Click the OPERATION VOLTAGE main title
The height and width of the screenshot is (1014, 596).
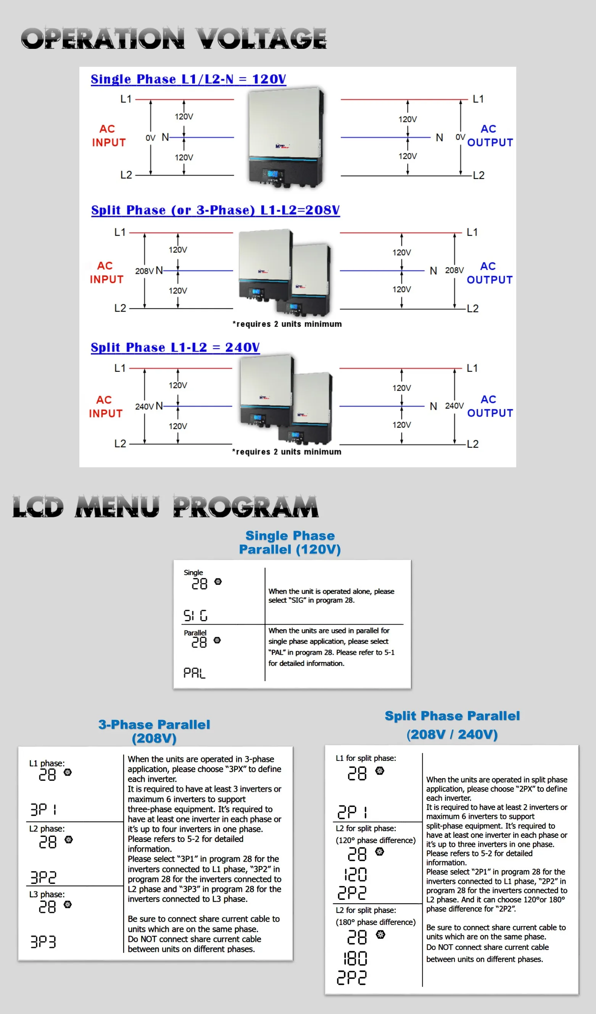point(173,39)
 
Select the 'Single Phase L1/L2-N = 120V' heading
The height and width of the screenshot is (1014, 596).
point(188,79)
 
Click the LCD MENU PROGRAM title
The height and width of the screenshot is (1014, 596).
point(165,507)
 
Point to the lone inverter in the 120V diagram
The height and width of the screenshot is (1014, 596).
point(285,137)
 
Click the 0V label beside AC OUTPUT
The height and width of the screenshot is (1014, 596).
point(460,137)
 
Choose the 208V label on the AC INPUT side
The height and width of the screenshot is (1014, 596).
point(144,271)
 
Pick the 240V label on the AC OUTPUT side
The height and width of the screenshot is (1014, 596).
point(454,406)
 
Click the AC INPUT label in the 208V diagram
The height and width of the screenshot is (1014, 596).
point(106,273)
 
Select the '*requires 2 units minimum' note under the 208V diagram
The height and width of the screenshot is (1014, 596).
point(287,324)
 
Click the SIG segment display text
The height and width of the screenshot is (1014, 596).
point(195,616)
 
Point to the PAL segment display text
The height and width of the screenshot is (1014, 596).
point(194,673)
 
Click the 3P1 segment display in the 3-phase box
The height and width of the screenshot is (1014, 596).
point(43,809)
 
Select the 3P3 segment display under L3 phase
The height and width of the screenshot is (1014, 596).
point(43,942)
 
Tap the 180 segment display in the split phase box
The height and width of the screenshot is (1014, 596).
point(355,959)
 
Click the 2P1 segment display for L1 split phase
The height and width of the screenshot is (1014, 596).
point(352,812)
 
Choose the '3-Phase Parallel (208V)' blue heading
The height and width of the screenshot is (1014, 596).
point(154,731)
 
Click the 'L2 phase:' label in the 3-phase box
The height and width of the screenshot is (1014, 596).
point(47,828)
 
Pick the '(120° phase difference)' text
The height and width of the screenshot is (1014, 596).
point(375,840)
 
